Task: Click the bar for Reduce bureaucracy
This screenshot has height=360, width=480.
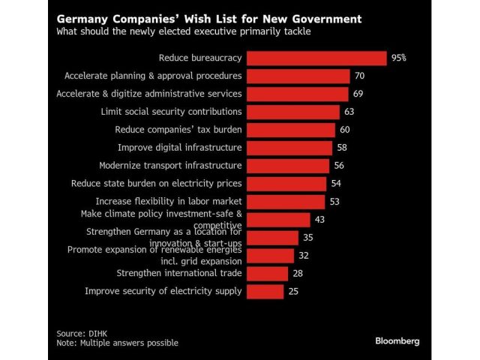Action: coord(316,58)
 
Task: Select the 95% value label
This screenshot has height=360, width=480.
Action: coord(398,58)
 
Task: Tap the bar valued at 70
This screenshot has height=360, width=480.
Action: coord(298,76)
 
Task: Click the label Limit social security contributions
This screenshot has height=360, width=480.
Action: coord(171,112)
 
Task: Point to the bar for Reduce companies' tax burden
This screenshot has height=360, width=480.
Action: coord(291,130)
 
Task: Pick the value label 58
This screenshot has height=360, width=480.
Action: coord(342,148)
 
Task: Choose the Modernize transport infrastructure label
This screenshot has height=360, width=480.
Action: coord(170,165)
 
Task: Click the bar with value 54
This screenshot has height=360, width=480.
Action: coord(286,183)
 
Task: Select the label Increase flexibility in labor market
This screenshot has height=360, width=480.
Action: coord(169,201)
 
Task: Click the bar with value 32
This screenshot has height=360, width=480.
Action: coord(270,255)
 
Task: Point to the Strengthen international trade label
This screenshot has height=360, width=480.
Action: coord(179,273)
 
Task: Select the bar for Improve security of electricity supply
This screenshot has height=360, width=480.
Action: coord(265,291)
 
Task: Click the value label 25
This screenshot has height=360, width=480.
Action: coord(293,291)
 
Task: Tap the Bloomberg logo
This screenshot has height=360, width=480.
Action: coord(397,340)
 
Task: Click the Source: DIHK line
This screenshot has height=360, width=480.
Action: coord(82,333)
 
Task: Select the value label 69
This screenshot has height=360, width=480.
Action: coord(358,94)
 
